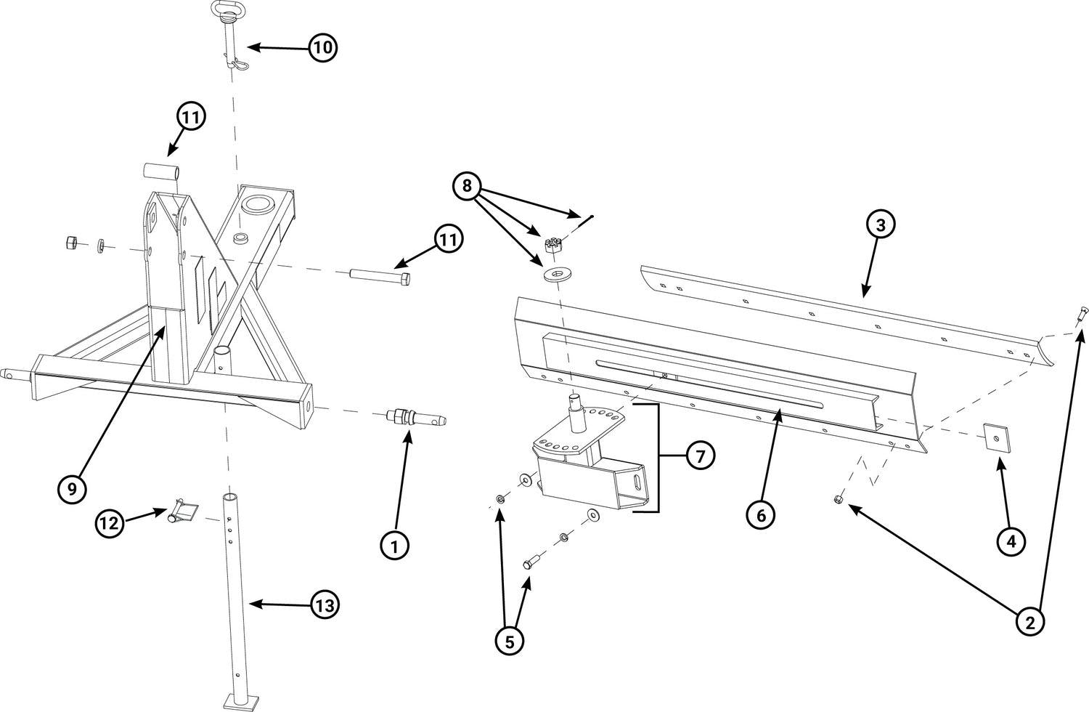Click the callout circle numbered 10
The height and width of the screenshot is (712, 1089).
pyautogui.click(x=323, y=48)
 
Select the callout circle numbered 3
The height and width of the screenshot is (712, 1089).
pyautogui.click(x=880, y=225)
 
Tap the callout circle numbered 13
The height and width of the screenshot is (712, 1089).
pyautogui.click(x=326, y=604)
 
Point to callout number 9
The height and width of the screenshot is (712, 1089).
pyautogui.click(x=72, y=489)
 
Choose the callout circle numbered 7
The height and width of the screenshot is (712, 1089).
pyautogui.click(x=700, y=456)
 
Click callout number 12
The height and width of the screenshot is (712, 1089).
pyautogui.click(x=110, y=523)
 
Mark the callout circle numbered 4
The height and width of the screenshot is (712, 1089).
pyautogui.click(x=1011, y=541)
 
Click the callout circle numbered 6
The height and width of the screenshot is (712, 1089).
pyautogui.click(x=761, y=515)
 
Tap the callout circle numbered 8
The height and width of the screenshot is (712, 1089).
pyautogui.click(x=467, y=187)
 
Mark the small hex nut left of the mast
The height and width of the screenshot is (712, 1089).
pyautogui.click(x=73, y=242)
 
